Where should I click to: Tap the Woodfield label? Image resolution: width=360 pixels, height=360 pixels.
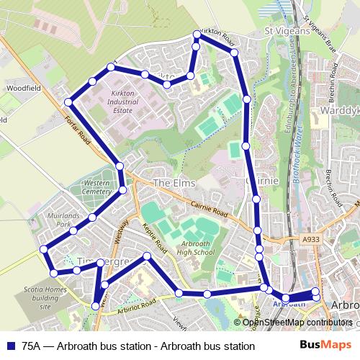pyautogui.click(x=24, y=87)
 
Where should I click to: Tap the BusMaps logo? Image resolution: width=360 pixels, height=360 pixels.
pyautogui.click(x=325, y=346)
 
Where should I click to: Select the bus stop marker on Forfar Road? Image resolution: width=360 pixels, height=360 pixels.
pyautogui.click(x=68, y=102)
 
